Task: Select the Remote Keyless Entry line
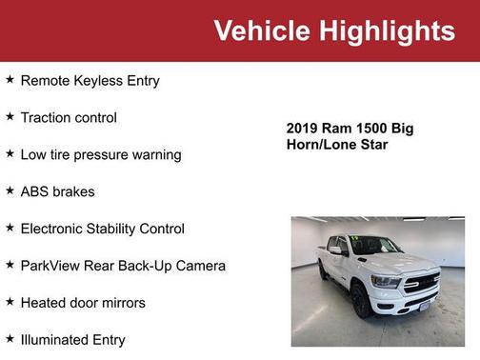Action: pyautogui.click(x=90, y=81)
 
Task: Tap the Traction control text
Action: pyautogui.click(x=69, y=118)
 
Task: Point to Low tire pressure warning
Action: pyautogui.click(x=100, y=154)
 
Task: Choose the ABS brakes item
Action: pyautogui.click(x=57, y=191)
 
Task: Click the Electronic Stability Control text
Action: pyautogui.click(x=102, y=229)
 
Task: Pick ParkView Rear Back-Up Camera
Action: pyautogui.click(x=123, y=266)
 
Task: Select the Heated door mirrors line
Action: pyautogui.click(x=83, y=303)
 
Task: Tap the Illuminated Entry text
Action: pyautogui.click(x=72, y=339)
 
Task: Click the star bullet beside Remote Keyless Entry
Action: pyautogui.click(x=10, y=80)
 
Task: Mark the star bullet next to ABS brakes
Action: pyautogui.click(x=10, y=190)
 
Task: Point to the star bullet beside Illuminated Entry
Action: pyautogui.click(x=10, y=338)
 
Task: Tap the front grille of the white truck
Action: pyautogui.click(x=420, y=283)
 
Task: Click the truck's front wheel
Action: pyautogui.click(x=362, y=300)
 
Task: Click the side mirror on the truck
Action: pyautogui.click(x=335, y=250)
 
